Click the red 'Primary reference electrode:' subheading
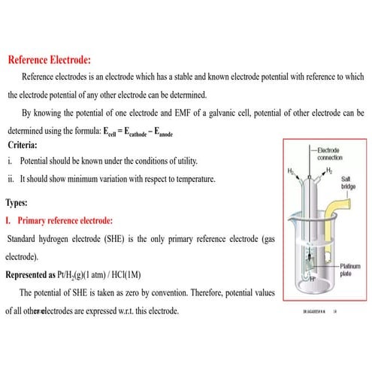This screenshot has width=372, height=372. click(65, 221)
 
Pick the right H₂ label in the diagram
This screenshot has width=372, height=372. click(326, 170)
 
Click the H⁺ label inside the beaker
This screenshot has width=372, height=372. click(310, 277)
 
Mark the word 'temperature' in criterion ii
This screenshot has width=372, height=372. click(191, 179)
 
